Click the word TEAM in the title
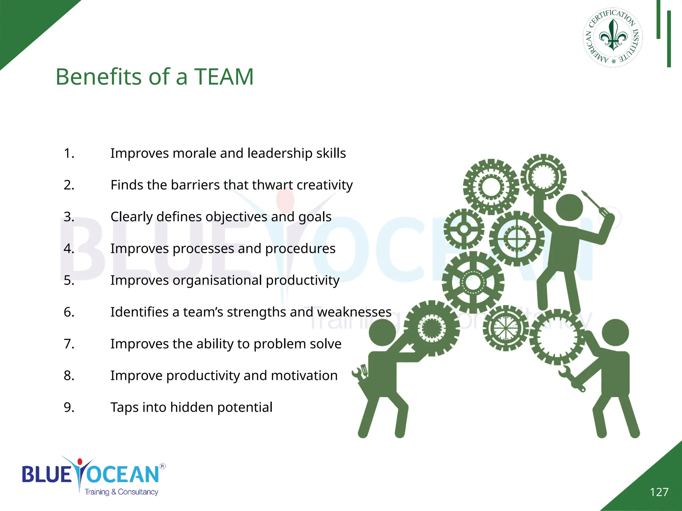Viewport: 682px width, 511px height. coord(224,77)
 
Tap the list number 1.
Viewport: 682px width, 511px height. coord(69,153)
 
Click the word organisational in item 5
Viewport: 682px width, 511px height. coord(217,280)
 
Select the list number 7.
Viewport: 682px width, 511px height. coord(69,344)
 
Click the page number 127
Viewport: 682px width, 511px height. coord(659,492)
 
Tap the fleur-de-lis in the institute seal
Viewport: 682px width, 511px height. coord(613,36)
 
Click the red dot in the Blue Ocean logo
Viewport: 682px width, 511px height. coord(80,462)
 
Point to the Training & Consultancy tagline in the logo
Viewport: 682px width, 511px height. coord(121,492)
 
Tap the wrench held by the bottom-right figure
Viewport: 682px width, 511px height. coord(571,378)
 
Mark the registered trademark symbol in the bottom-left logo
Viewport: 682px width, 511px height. coord(163,466)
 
